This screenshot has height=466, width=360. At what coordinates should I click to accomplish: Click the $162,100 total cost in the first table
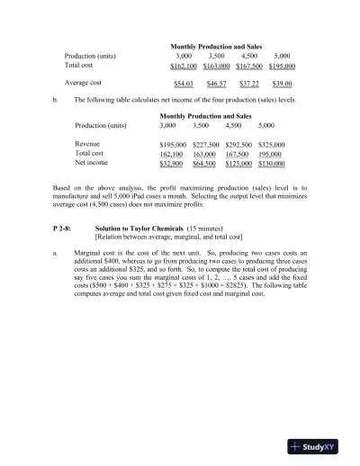click(x=184, y=66)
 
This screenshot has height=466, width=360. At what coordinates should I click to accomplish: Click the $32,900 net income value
click(x=174, y=164)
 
